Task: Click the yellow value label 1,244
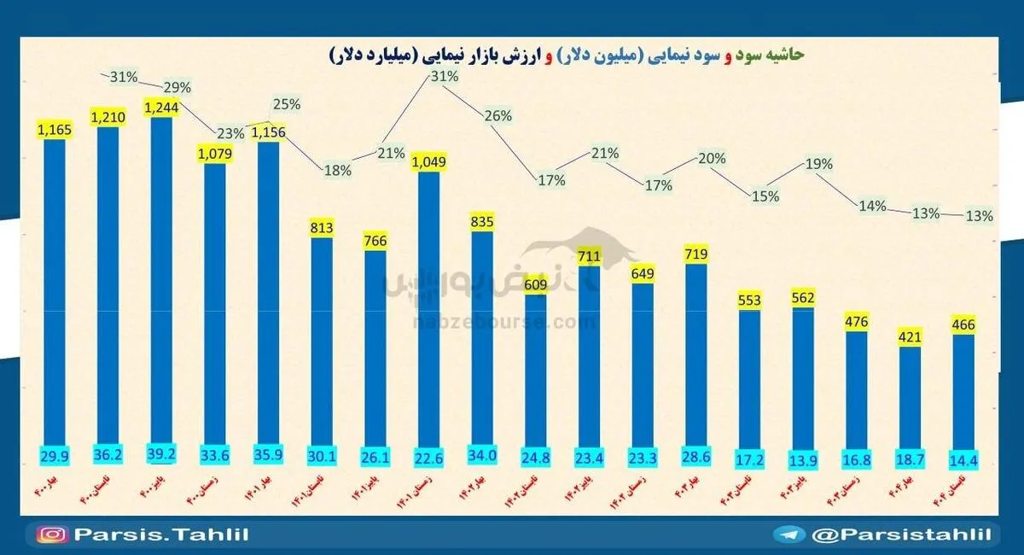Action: [161, 108]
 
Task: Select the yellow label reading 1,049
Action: [429, 161]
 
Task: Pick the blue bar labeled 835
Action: [482, 342]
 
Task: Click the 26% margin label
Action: [498, 116]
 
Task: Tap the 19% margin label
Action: [818, 165]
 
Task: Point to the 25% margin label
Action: [286, 105]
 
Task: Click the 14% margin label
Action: [873, 206]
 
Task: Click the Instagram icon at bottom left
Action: [52, 535]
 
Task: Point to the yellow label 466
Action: [963, 324]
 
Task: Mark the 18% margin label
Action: [338, 170]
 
